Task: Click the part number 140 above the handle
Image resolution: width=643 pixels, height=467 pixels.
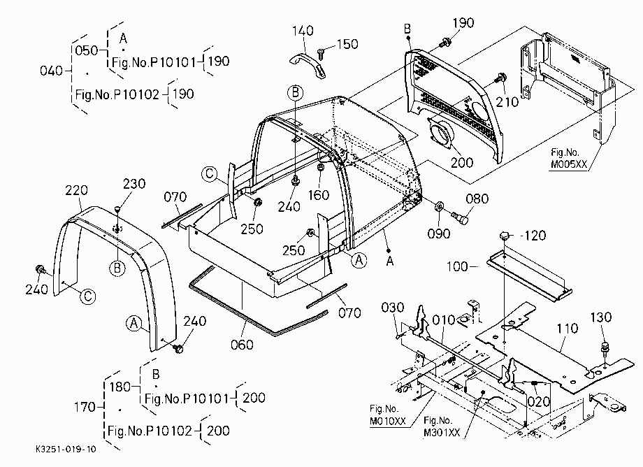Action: click(303, 31)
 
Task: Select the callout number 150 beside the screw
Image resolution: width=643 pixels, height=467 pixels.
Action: click(347, 44)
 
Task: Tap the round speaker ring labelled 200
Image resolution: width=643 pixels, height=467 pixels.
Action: click(440, 134)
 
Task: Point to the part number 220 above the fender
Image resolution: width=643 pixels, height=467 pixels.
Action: click(76, 190)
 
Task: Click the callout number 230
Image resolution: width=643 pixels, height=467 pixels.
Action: click(134, 183)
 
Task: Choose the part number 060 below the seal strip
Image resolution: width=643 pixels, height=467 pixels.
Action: click(242, 345)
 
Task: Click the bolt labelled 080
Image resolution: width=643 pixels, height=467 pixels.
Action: click(460, 217)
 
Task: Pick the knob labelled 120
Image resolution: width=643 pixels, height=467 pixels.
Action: click(505, 236)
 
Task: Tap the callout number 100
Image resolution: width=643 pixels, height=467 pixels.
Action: click(457, 267)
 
